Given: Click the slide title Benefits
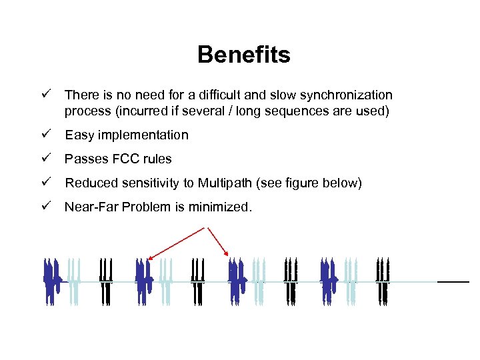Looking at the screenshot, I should coord(243,55).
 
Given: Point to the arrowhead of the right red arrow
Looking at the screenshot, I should coord(227,254).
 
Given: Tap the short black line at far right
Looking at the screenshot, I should coord(453,282).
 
